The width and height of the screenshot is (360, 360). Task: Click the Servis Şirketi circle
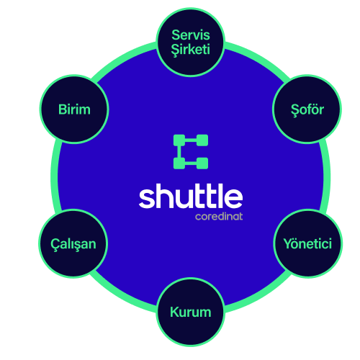pyautogui.click(x=191, y=42)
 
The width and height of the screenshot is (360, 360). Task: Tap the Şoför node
pyautogui.click(x=307, y=109)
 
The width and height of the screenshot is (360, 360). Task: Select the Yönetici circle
pyautogui.click(x=308, y=243)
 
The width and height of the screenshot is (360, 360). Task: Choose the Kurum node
pyautogui.click(x=191, y=312)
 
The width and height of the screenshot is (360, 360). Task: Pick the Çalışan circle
pyautogui.click(x=73, y=243)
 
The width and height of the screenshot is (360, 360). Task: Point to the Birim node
pyautogui.click(x=74, y=109)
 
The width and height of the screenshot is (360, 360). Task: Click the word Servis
pyautogui.click(x=191, y=35)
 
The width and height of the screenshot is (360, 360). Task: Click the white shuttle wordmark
pyautogui.click(x=191, y=196)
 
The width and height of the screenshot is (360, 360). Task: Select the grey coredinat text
pyautogui.click(x=219, y=217)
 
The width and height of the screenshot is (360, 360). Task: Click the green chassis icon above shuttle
pyautogui.click(x=191, y=152)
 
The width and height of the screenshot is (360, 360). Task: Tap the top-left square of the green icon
pyautogui.click(x=179, y=140)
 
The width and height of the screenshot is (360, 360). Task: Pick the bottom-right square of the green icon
pyautogui.click(x=202, y=163)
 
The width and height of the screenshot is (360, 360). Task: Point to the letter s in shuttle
pyautogui.click(x=147, y=199)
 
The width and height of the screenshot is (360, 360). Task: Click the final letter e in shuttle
pyautogui.click(x=233, y=199)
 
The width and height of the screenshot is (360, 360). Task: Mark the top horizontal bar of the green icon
pyautogui.click(x=191, y=140)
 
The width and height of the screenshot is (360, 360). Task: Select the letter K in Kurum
pyautogui.click(x=175, y=312)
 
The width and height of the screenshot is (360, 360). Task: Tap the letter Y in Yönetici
pyautogui.click(x=289, y=244)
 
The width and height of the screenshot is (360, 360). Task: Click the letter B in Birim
pyautogui.click(x=63, y=109)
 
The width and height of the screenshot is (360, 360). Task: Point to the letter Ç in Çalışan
pyautogui.click(x=55, y=245)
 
